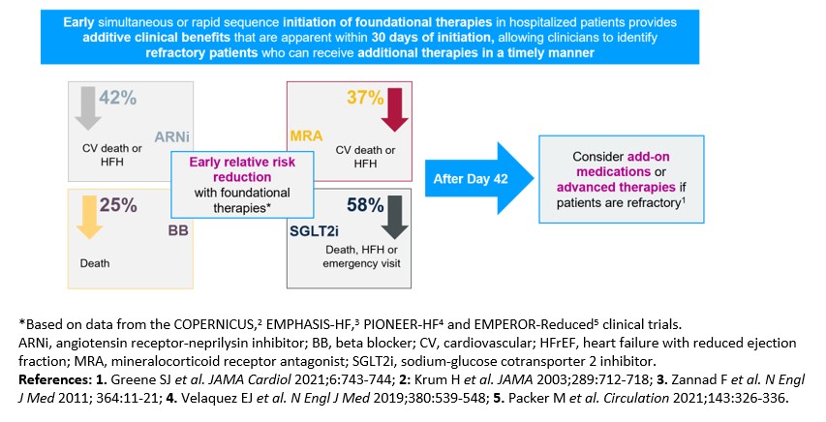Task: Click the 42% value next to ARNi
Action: pos(118,98)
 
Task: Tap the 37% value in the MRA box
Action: pos(365,98)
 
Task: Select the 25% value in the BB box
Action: pos(118,205)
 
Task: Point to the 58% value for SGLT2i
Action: pos(365,205)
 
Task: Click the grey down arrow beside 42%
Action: pos(87,109)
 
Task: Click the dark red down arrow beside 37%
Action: pos(394,109)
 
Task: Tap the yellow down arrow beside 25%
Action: pos(89,217)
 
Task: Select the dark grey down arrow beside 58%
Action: pos(394,217)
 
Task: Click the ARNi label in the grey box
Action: pos(171,137)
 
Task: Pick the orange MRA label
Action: pos(306,136)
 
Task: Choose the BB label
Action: pos(178,230)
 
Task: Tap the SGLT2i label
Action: pos(314,231)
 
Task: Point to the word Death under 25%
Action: pos(95,263)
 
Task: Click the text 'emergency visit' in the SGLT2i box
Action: pos(361,263)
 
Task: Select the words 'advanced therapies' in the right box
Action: pos(616,188)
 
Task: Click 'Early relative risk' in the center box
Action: pos(242,162)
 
